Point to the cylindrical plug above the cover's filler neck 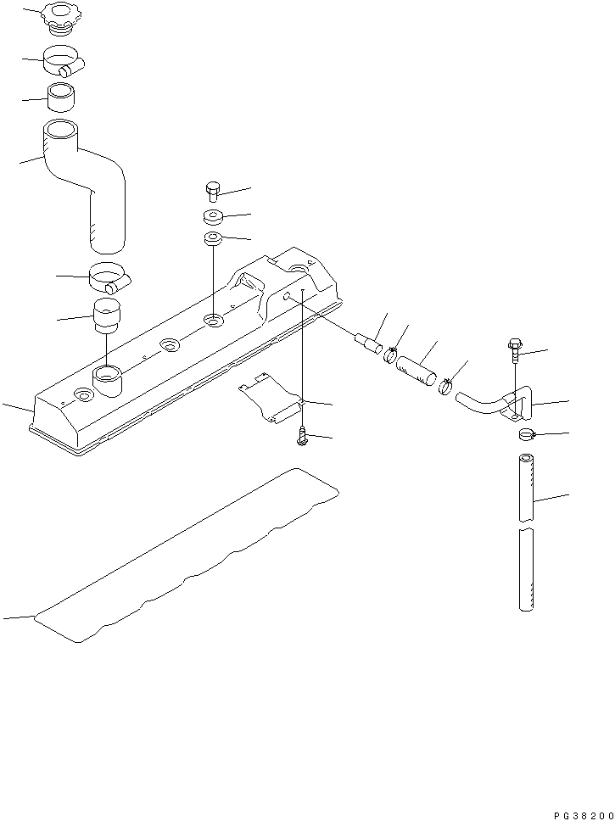(x=107, y=316)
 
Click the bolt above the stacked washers (x=213, y=192)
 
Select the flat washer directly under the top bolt (x=213, y=216)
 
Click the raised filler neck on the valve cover (x=107, y=381)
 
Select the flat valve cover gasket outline (x=187, y=560)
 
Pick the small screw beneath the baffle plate (x=302, y=435)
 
